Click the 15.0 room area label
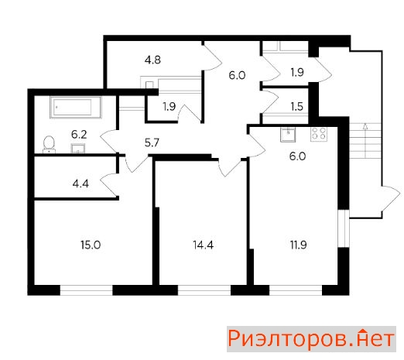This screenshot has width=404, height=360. point(91,245)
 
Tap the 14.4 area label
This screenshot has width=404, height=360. point(203,245)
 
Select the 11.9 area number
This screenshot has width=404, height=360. point(298,245)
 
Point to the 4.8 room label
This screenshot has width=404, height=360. point(152,60)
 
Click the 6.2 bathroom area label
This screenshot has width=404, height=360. point(79,135)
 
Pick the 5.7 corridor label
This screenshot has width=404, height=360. point(152,142)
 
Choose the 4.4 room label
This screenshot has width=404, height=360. point(80,184)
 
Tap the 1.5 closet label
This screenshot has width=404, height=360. point(296,106)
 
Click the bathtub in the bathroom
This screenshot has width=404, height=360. point(76,108)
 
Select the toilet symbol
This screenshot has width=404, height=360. point(49,145)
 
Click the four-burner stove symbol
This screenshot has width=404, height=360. point(319,134)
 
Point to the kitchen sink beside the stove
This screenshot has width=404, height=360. point(288,135)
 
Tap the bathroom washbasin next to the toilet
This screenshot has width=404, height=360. point(78,149)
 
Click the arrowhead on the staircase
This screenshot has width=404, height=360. point(365,126)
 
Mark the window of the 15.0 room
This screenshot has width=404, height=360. point(87,290)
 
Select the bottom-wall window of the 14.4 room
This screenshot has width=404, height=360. point(204,290)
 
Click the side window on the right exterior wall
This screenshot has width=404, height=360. point(344,228)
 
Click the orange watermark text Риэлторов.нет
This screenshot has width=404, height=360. point(311,338)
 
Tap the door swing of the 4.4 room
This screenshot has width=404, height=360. point(109,185)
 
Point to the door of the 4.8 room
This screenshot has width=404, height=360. point(212,57)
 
